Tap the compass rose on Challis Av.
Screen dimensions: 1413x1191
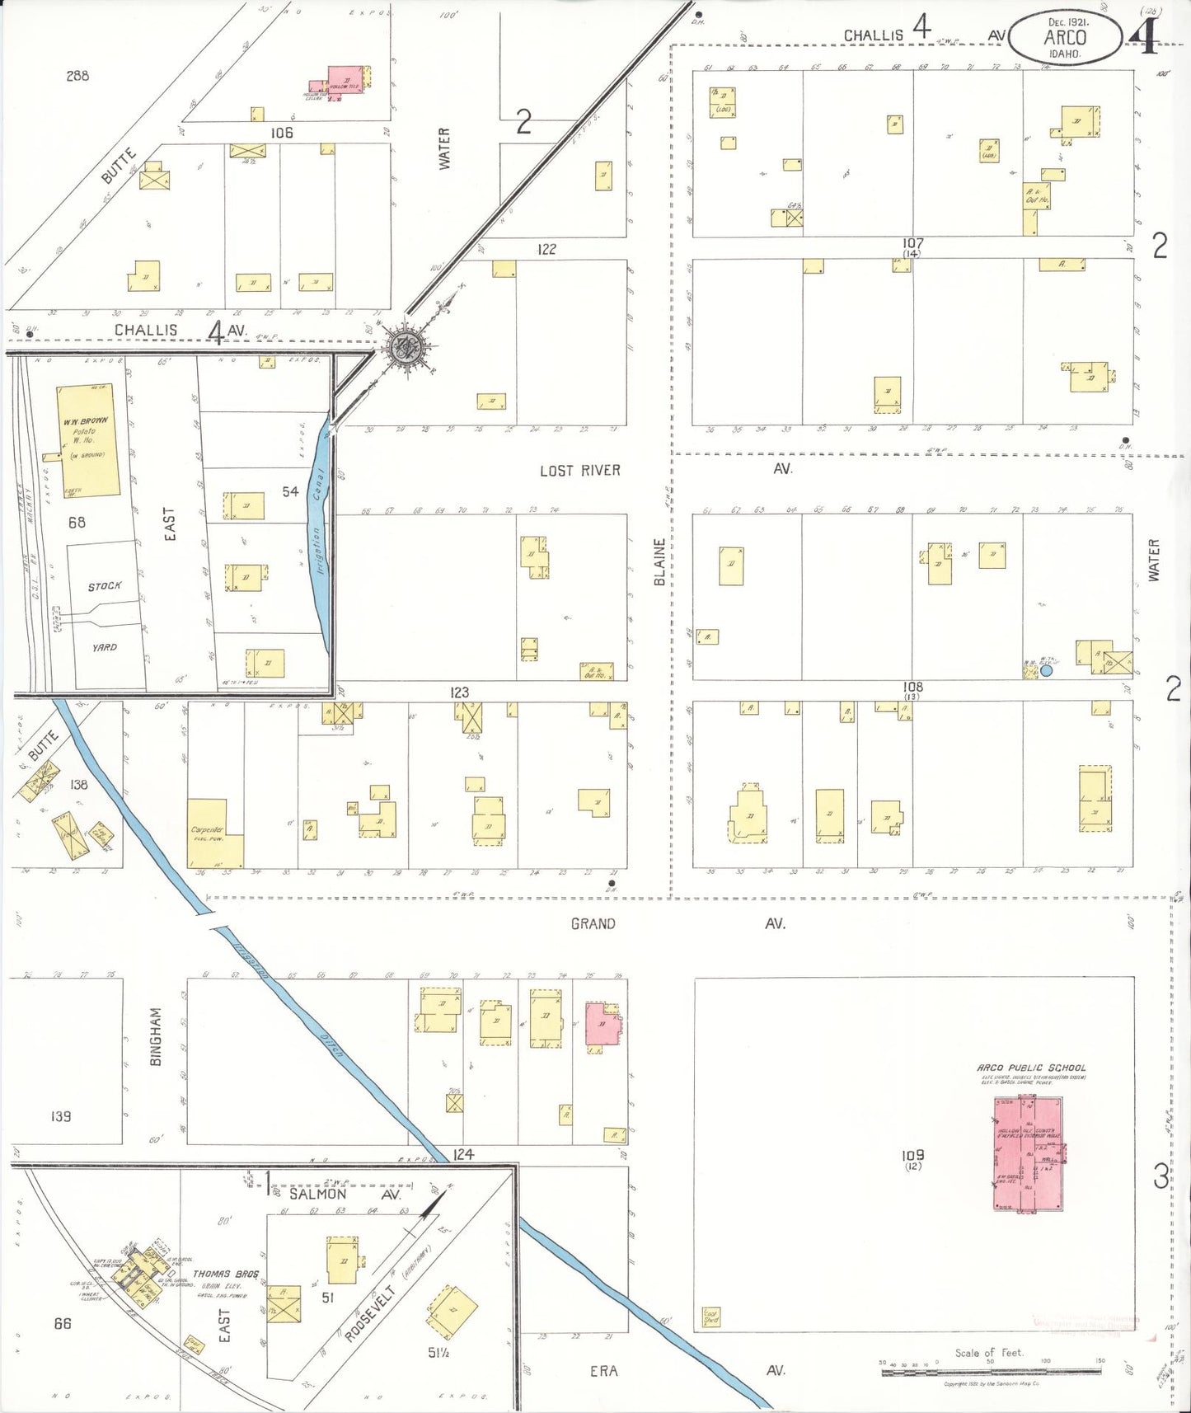pyautogui.click(x=406, y=347)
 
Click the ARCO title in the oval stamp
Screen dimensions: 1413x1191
pyautogui.click(x=1065, y=38)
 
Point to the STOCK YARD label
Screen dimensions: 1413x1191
pyautogui.click(x=105, y=616)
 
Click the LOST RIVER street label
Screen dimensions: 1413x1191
pyautogui.click(x=579, y=471)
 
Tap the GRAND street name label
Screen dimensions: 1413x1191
pyautogui.click(x=593, y=924)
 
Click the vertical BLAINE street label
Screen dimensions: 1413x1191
pyautogui.click(x=659, y=563)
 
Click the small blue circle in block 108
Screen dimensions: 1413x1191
pyautogui.click(x=1046, y=670)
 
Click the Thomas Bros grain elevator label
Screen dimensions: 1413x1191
pyautogui.click(x=225, y=1274)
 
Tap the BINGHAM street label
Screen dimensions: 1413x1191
pyautogui.click(x=157, y=1037)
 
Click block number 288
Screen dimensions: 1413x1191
pyautogui.click(x=77, y=76)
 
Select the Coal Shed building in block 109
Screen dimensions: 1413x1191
pyautogui.click(x=710, y=1316)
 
